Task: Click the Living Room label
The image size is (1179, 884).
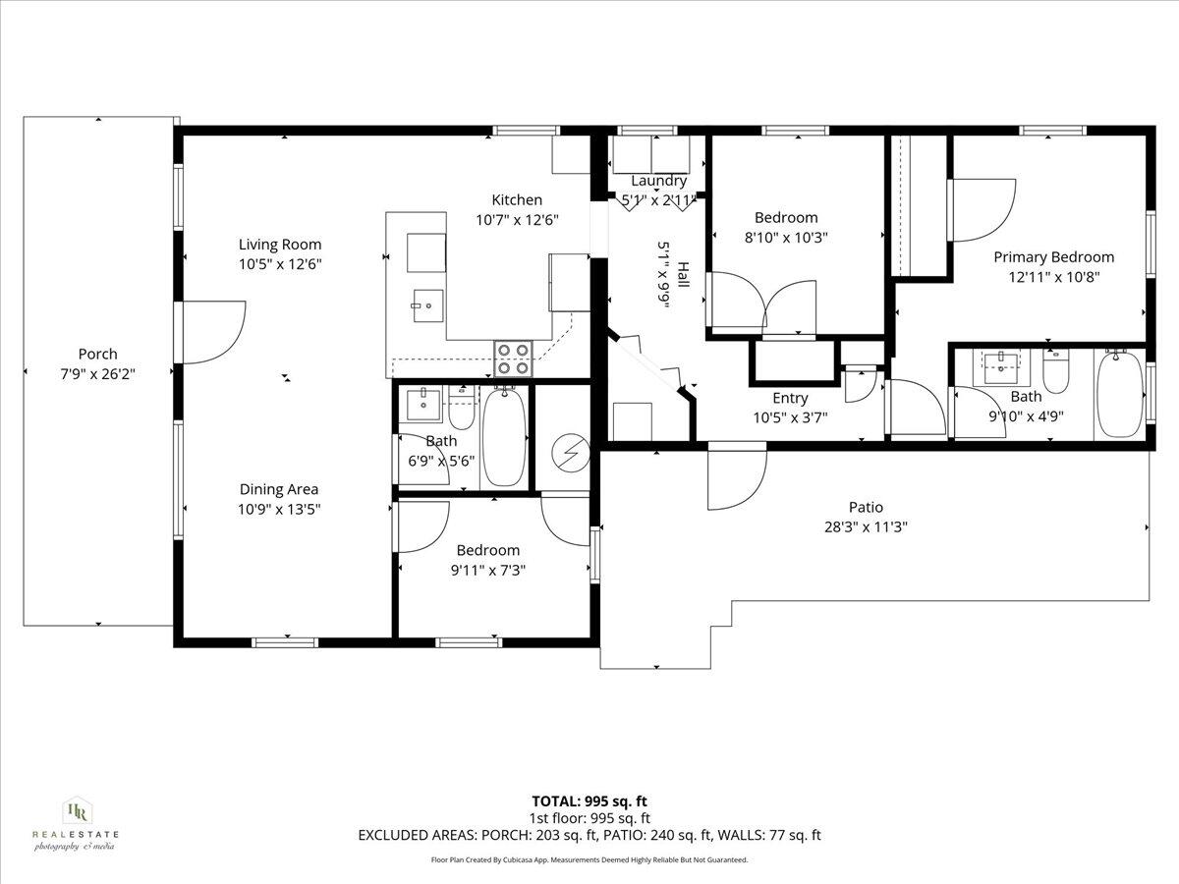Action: (280, 245)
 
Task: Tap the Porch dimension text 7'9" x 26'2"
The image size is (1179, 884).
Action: (97, 373)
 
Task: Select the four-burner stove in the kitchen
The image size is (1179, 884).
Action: (512, 359)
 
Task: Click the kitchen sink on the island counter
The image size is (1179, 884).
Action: (426, 305)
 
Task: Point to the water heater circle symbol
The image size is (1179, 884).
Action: (567, 452)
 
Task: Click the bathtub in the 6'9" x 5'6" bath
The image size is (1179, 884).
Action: (505, 436)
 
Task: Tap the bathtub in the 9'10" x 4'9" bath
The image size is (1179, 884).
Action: (1120, 394)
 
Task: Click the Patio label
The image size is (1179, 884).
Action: (866, 507)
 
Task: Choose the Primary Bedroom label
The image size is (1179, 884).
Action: (1053, 257)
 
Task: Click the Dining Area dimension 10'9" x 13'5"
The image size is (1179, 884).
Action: (280, 509)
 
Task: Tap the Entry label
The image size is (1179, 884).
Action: (790, 398)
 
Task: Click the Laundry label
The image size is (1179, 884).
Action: (658, 181)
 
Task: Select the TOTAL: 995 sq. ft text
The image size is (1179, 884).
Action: (589, 801)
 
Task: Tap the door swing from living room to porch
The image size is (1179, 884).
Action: (211, 331)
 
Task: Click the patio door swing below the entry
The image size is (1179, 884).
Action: (736, 478)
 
